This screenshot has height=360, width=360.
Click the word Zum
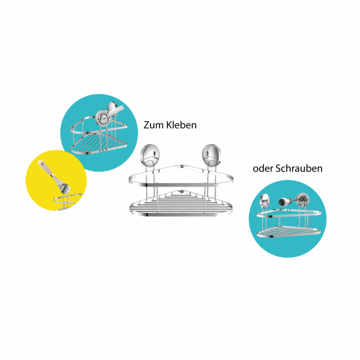(154, 125)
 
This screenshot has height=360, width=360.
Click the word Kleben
(181, 125)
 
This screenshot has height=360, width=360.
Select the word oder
(263, 169)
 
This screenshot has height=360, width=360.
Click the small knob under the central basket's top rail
(180, 193)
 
